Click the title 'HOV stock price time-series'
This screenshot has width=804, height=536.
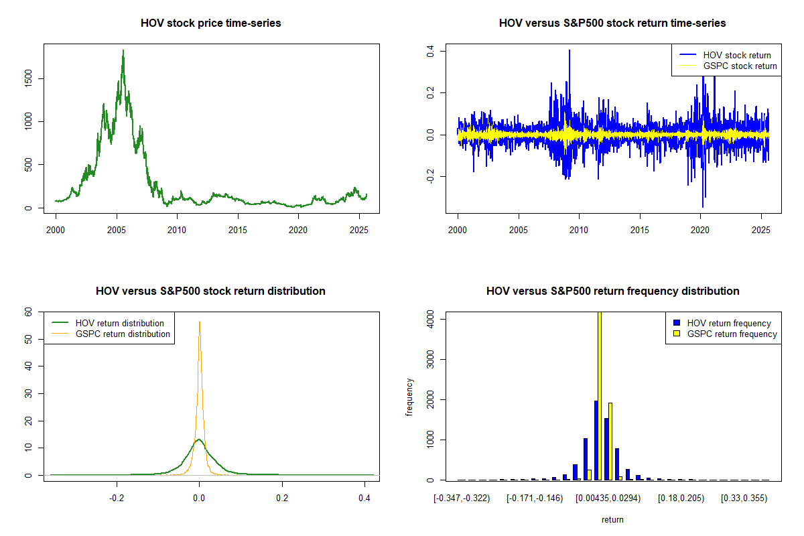click(210, 23)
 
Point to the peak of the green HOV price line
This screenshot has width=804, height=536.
click(123, 50)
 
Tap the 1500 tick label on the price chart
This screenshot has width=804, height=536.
click(28, 78)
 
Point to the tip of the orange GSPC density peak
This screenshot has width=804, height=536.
click(199, 322)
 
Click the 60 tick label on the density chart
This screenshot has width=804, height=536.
click(28, 312)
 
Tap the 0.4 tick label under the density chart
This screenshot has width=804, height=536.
click(364, 498)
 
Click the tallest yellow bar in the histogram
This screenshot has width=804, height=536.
click(600, 395)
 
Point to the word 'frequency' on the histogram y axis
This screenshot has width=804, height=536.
click(409, 397)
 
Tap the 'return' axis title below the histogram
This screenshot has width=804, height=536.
click(612, 519)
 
